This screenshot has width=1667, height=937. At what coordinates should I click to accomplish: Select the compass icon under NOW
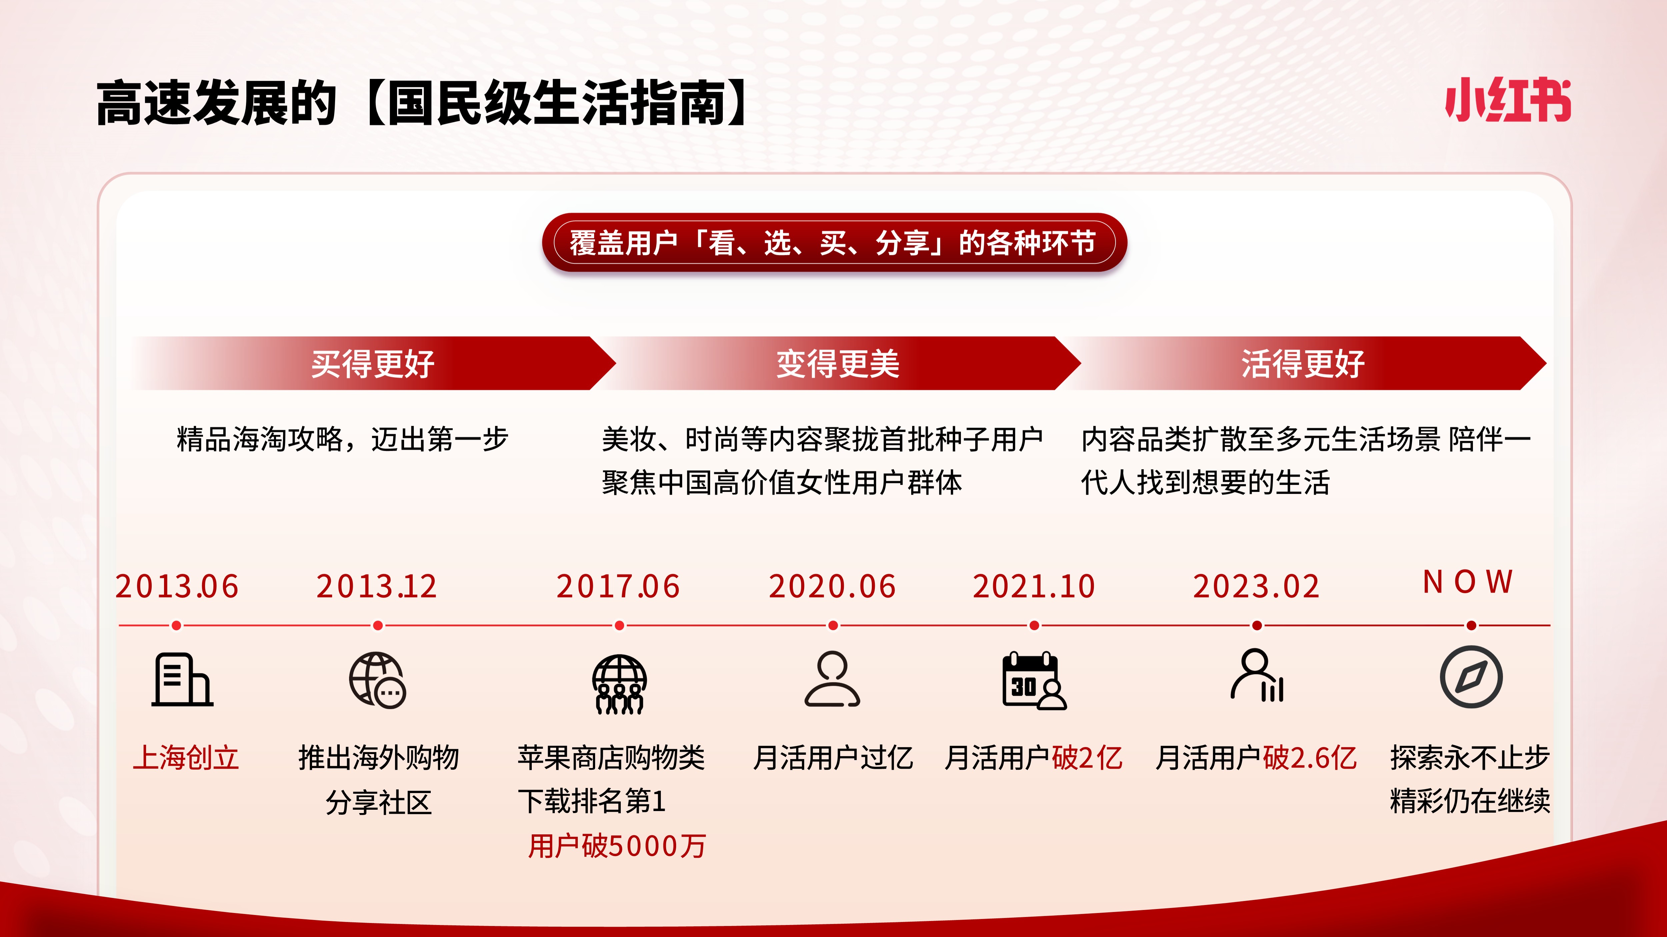coord(1471,677)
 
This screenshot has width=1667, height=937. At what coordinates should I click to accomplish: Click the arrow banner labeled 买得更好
coord(373,364)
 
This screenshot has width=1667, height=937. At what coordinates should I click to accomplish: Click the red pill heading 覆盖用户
coord(834,243)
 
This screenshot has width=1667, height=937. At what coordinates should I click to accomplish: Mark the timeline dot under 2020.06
coord(833,625)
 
